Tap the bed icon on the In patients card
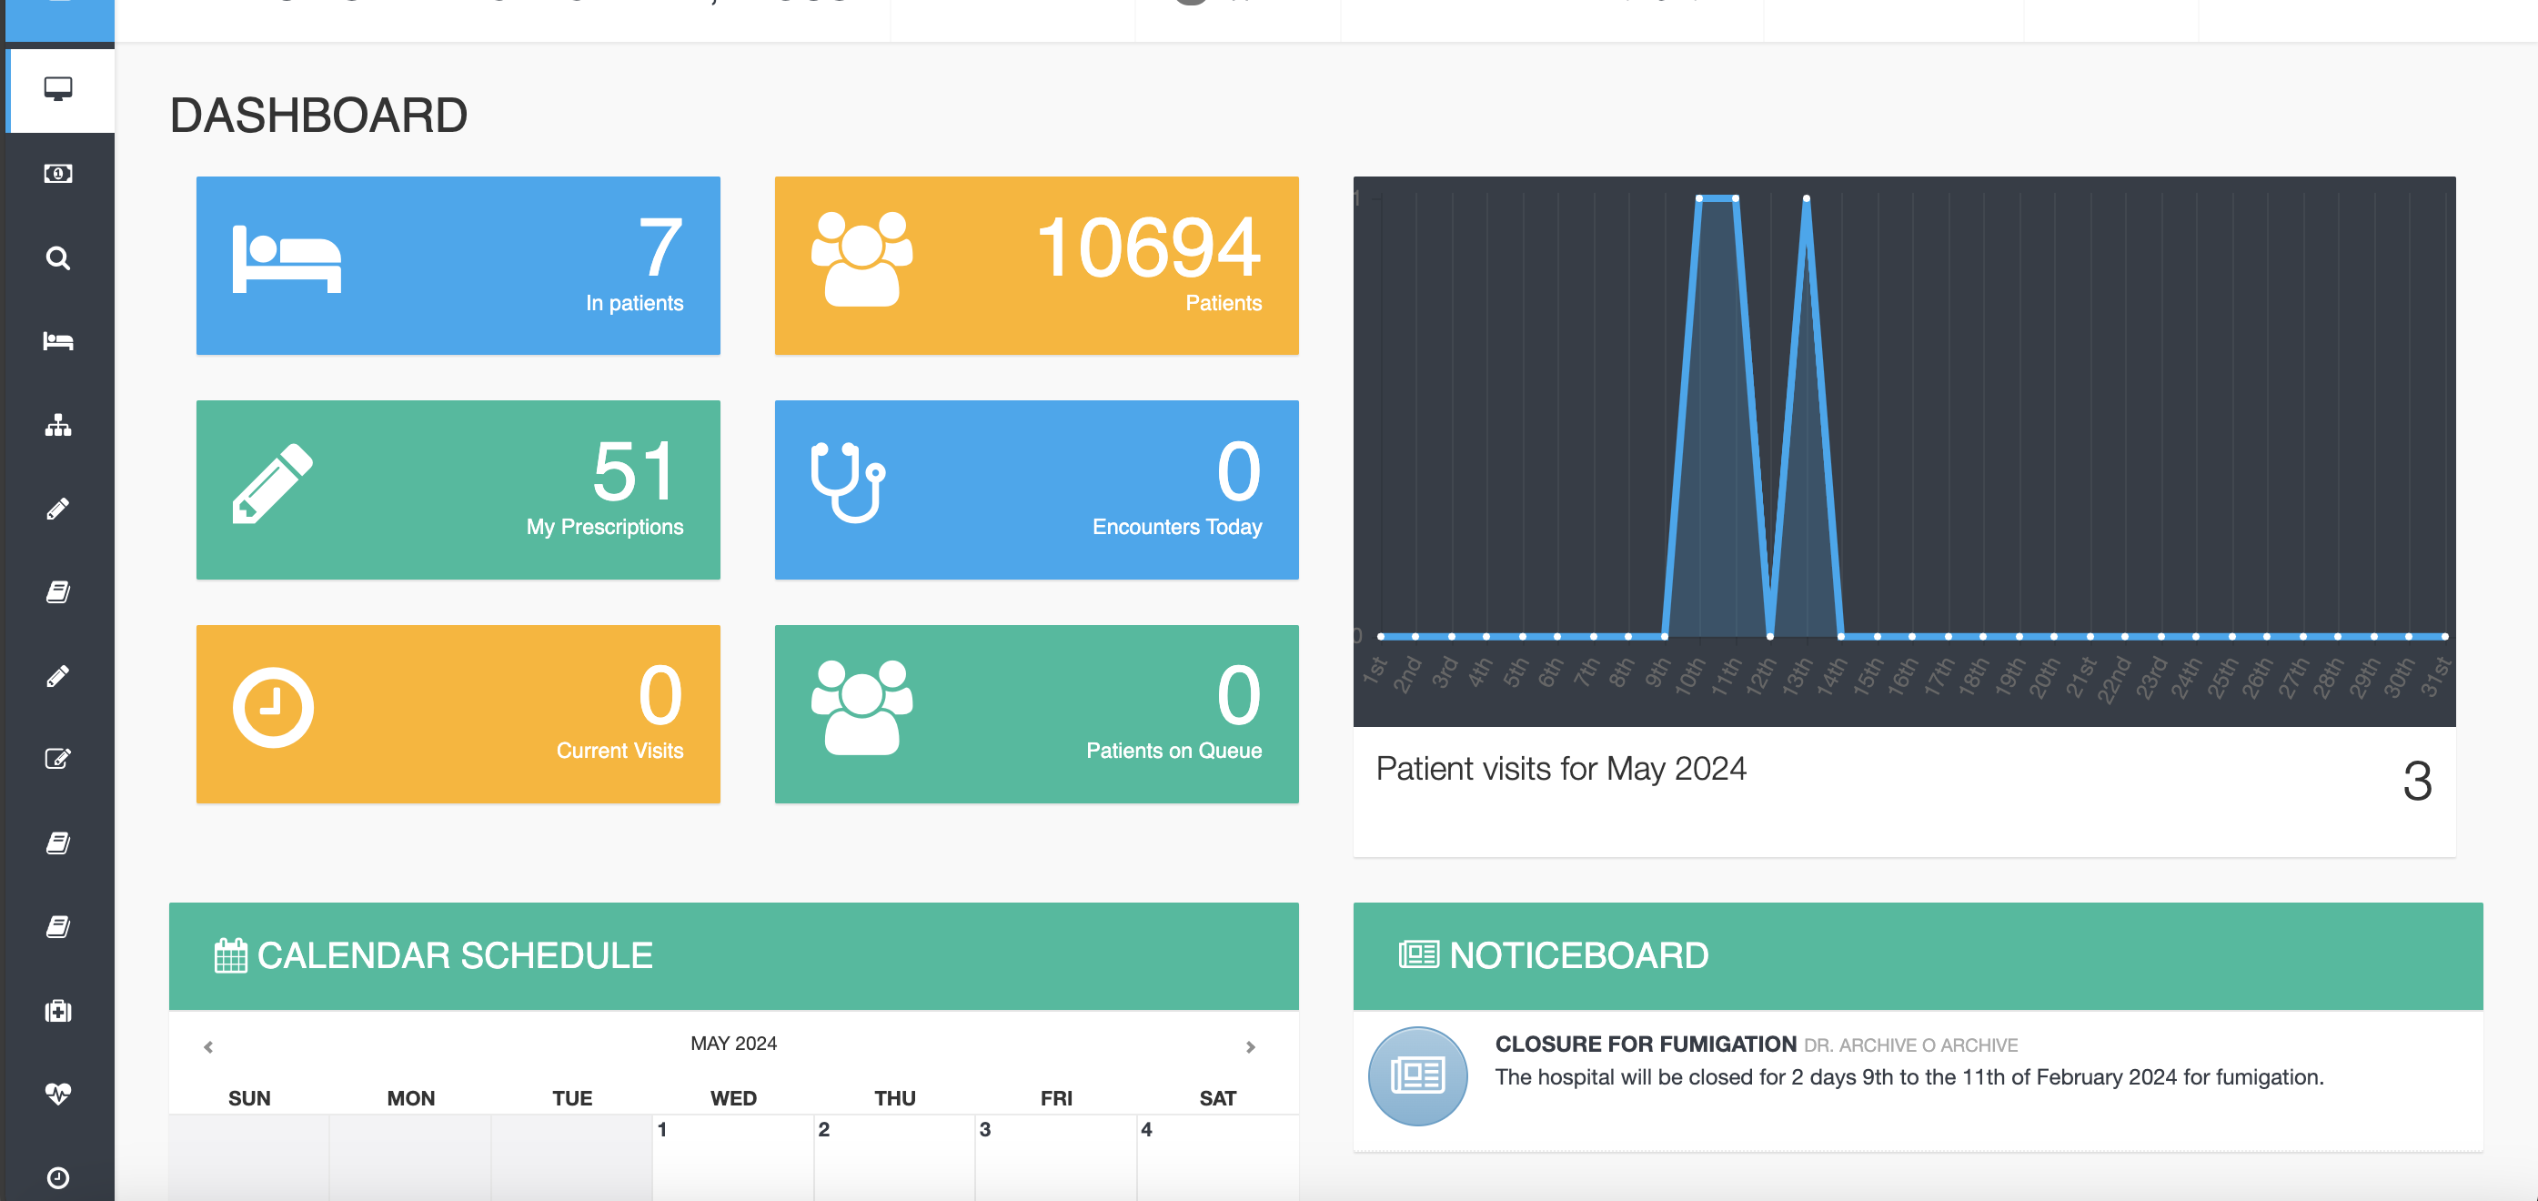coord(287,259)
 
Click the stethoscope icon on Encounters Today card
coord(847,483)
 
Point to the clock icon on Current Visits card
coord(273,707)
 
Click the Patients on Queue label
coord(1173,751)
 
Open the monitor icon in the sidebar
coord(58,88)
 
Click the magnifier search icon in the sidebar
coord(58,258)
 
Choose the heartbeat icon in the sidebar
coord(58,1094)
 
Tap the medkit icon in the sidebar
coord(58,1011)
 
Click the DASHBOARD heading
coord(318,116)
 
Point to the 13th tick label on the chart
coord(1798,676)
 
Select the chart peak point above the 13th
coord(1806,199)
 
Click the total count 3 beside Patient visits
coord(2417,782)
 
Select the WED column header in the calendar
coord(733,1097)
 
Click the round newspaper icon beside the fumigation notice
coord(1416,1075)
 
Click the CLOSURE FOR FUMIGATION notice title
coord(1646,1045)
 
